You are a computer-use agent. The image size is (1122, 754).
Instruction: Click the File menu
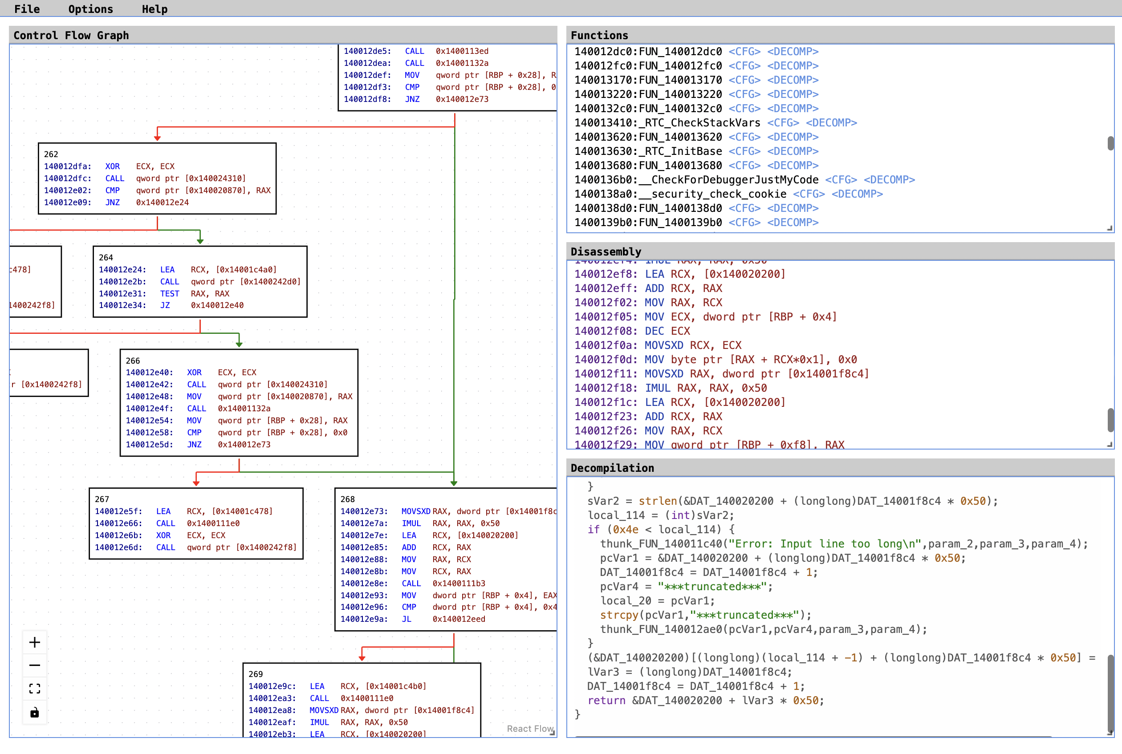click(27, 9)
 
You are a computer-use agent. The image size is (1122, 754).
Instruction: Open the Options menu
click(90, 9)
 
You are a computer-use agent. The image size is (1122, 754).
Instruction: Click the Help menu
click(154, 9)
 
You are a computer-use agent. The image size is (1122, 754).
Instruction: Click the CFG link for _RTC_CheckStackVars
click(782, 122)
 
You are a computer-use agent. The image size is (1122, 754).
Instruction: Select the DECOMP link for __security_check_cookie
click(857, 194)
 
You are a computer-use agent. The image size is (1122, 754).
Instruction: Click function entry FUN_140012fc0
click(648, 65)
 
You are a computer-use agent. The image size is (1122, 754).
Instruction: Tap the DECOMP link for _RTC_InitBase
click(793, 151)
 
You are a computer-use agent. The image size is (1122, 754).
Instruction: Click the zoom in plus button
click(35, 642)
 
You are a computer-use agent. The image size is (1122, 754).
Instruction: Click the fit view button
click(35, 689)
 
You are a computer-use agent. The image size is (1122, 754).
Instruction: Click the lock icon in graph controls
click(35, 712)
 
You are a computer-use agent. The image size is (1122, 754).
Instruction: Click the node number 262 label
click(51, 154)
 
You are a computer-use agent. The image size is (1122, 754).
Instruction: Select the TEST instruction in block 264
click(169, 293)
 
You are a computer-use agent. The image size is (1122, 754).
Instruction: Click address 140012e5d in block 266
click(149, 444)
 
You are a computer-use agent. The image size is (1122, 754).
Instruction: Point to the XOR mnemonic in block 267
click(163, 535)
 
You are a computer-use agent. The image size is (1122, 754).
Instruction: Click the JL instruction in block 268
click(407, 619)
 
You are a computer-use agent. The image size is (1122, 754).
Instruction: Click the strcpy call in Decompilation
click(618, 615)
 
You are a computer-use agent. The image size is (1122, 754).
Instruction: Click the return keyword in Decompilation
click(606, 700)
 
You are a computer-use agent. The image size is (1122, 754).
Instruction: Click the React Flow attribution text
click(529, 729)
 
